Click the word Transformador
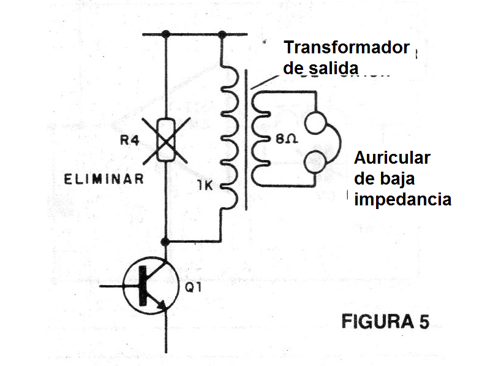click(x=346, y=48)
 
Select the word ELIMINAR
click(x=104, y=179)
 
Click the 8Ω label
click(x=287, y=140)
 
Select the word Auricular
click(x=393, y=158)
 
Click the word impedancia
click(x=403, y=199)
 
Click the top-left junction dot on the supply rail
click(x=166, y=34)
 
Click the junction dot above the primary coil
click(x=222, y=34)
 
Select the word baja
click(x=397, y=178)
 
